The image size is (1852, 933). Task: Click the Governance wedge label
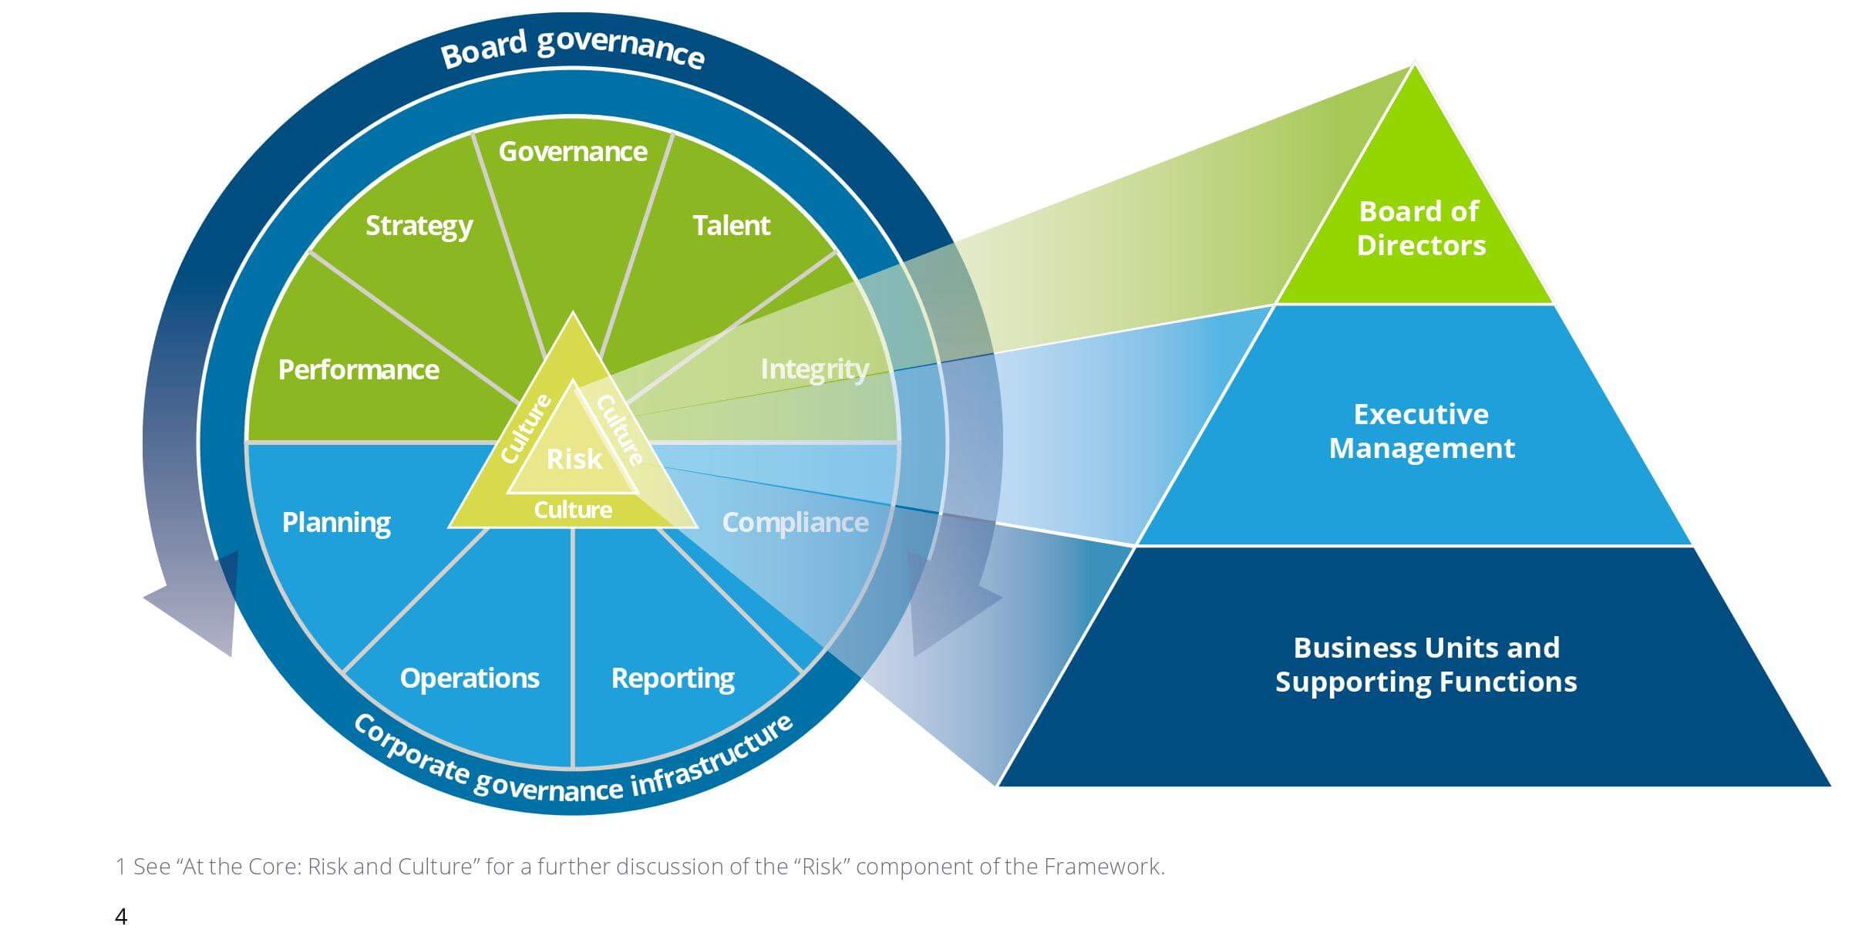point(573,152)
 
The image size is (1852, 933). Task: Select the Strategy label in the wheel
point(419,226)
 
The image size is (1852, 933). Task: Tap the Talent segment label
point(731,225)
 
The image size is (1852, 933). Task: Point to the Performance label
point(359,369)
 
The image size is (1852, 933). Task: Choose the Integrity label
point(814,369)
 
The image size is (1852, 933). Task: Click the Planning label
point(336,523)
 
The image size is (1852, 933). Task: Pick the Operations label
point(470,679)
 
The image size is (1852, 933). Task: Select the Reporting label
point(672,679)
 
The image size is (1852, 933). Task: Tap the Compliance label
point(795,523)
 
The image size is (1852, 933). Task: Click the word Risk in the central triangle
point(574,460)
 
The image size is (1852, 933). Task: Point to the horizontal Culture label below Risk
point(573,510)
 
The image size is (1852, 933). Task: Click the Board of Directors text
point(1420,228)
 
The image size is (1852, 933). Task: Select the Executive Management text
point(1422,431)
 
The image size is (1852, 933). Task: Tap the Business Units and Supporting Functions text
point(1426,665)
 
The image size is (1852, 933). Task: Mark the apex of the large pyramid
point(1415,63)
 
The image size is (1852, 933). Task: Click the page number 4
point(121,917)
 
